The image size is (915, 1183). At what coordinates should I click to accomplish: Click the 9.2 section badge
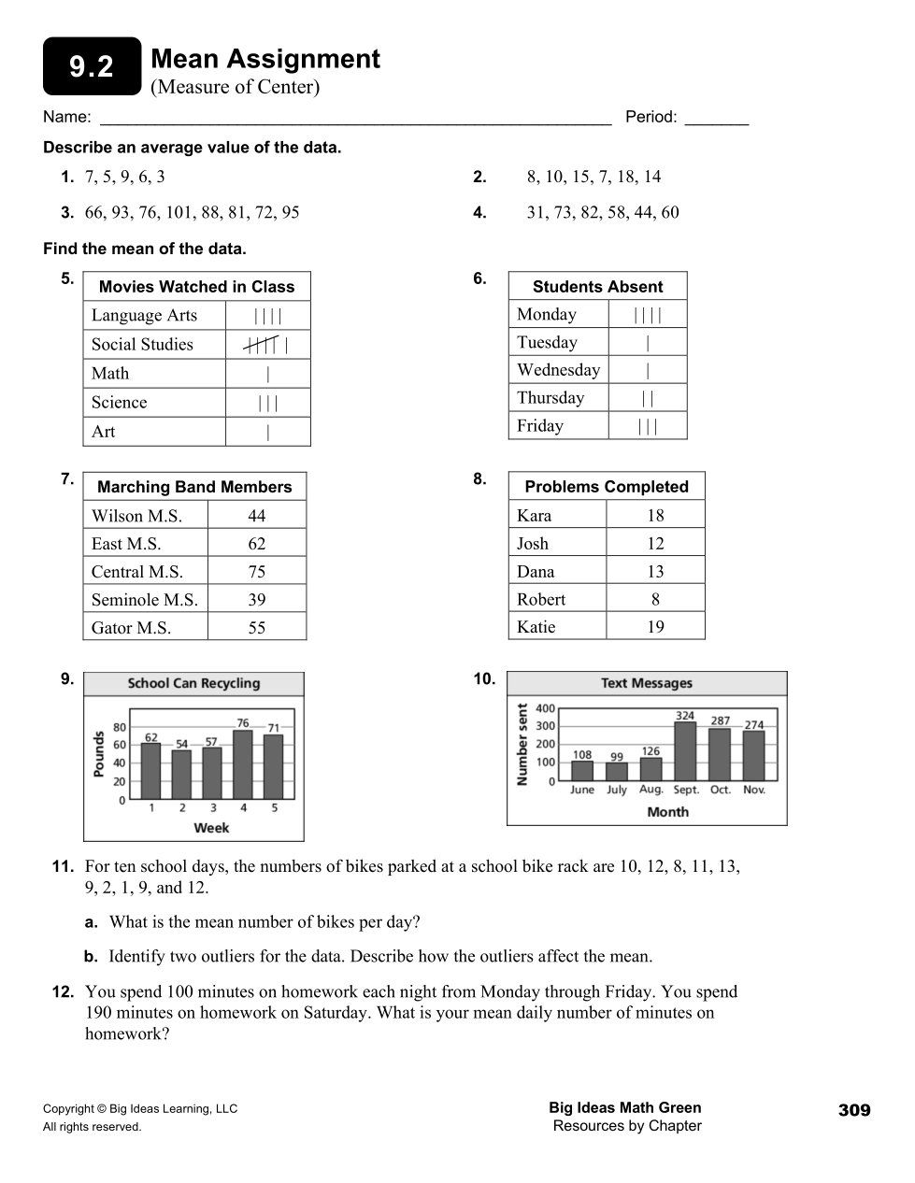(92, 66)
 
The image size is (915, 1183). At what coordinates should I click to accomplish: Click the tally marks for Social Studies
(265, 345)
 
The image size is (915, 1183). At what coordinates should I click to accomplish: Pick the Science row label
(119, 403)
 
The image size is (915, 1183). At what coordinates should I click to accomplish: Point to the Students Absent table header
(597, 287)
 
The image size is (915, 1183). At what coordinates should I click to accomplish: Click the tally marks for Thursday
(648, 398)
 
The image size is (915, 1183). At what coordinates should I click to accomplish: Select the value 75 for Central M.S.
(257, 572)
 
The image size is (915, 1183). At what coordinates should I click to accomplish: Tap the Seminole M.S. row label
(144, 600)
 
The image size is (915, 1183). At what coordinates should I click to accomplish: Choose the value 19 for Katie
(655, 627)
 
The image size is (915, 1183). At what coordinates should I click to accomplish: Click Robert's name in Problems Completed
(541, 599)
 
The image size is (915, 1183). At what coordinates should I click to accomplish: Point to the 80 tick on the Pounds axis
(120, 727)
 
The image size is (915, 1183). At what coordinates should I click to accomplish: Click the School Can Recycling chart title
(193, 683)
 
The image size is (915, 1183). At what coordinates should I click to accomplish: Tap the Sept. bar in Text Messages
(685, 750)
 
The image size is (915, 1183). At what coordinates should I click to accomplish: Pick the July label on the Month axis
(617, 790)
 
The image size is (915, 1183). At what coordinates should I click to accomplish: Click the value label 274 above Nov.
(753, 724)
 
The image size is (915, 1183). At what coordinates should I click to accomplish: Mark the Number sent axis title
(522, 745)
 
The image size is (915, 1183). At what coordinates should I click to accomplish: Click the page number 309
(853, 1110)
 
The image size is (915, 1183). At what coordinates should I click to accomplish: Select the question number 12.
(63, 991)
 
